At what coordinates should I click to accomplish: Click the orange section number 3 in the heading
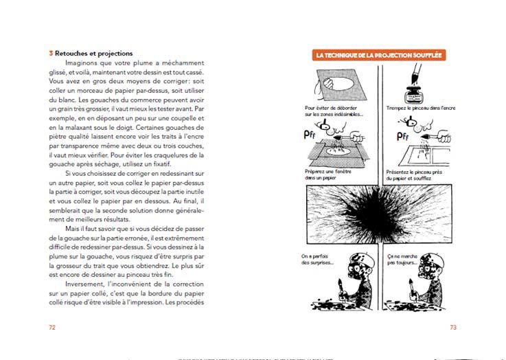(x=51, y=53)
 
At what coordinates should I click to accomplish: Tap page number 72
(x=52, y=327)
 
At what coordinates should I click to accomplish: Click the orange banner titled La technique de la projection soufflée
(x=379, y=54)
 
